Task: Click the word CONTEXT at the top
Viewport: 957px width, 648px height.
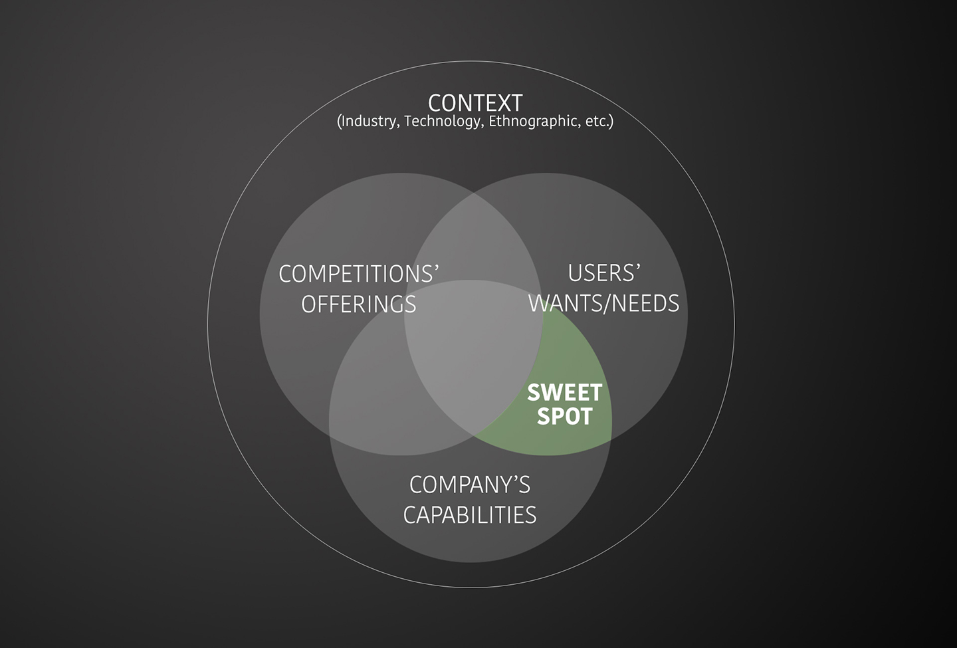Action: pos(475,103)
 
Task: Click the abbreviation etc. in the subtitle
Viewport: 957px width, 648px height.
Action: pos(597,122)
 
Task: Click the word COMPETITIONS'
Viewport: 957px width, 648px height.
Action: pos(359,274)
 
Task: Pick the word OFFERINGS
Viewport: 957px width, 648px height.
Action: pos(359,304)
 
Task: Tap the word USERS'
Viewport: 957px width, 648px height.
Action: pos(604,273)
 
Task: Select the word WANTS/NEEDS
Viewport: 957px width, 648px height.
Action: pos(604,304)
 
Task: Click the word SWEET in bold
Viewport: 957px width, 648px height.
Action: pos(564,393)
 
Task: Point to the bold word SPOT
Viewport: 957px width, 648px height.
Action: pos(564,417)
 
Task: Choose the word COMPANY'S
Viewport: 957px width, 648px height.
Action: pos(470,485)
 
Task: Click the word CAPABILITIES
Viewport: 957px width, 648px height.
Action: pos(470,516)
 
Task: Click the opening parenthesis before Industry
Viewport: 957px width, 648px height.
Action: pos(340,122)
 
